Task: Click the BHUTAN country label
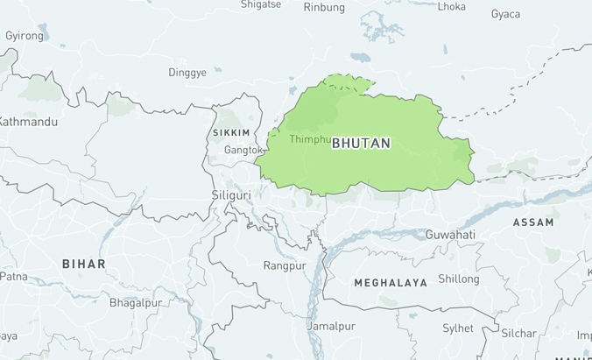361,143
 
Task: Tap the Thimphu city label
310,139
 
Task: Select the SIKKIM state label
231,133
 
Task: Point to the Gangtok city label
243,150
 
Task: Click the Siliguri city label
231,194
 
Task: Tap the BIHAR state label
83,264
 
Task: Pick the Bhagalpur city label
136,303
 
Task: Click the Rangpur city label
285,265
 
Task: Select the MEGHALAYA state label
391,283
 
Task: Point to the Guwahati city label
450,235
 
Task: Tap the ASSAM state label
532,222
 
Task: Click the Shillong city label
459,279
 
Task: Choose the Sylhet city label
457,328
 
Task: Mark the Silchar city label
518,333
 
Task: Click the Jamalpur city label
331,326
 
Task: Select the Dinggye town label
187,72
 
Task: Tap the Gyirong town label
24,36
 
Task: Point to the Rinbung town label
324,7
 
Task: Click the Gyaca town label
505,14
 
